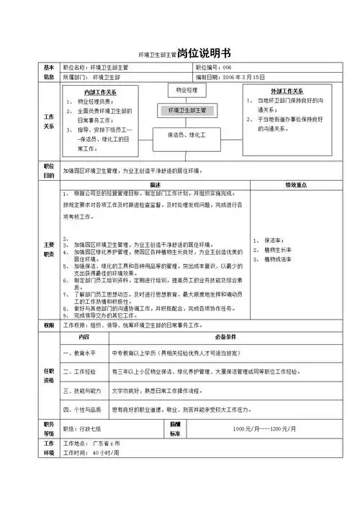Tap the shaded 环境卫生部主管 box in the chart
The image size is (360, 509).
click(x=186, y=111)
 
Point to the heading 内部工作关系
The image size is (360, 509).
click(x=101, y=93)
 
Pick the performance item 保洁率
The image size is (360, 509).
click(x=274, y=240)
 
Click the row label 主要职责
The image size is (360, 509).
click(x=48, y=248)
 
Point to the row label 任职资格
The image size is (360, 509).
click(x=48, y=375)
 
